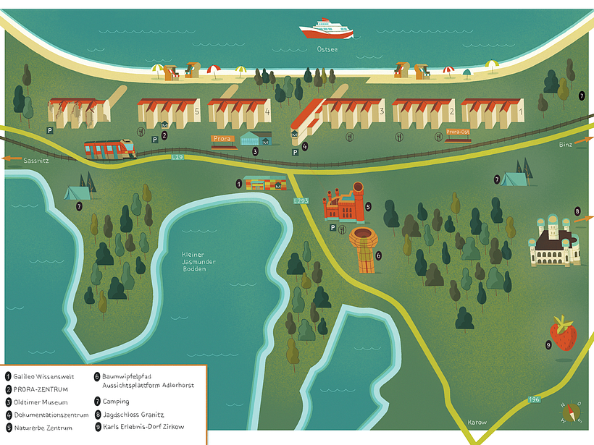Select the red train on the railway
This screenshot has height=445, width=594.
pos(110,149)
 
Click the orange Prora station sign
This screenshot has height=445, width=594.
pos(222,138)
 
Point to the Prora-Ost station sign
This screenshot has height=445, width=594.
pos(458,132)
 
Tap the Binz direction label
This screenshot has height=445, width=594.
pos(566,145)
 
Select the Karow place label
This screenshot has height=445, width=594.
pos(477,423)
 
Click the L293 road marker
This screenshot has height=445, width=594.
pos(301,200)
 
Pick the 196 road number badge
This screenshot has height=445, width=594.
pos(534,399)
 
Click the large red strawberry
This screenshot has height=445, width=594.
pos(563,334)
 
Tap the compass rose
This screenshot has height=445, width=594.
pos(571,412)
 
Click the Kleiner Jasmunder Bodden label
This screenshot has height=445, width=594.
pos(194,261)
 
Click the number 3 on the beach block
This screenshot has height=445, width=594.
pos(382,111)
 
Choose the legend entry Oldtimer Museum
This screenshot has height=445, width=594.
pos(44,402)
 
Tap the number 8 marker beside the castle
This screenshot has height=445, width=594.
pos(577,211)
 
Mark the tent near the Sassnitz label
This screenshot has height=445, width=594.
pos(76,192)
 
